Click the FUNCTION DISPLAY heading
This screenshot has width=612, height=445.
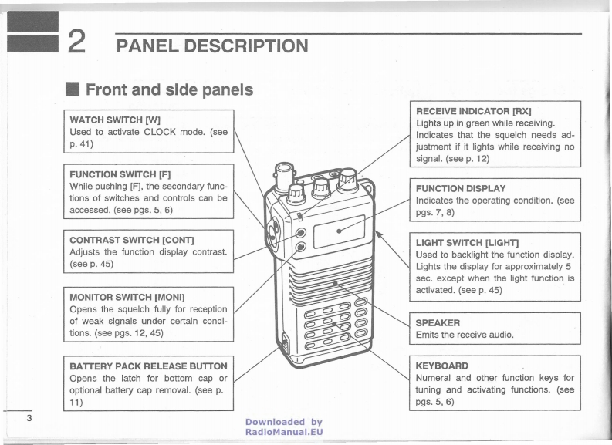461,187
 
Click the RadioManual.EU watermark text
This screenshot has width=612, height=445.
283,433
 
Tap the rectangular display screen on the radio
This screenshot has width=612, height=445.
340,230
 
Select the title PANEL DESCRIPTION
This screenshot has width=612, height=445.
211,47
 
